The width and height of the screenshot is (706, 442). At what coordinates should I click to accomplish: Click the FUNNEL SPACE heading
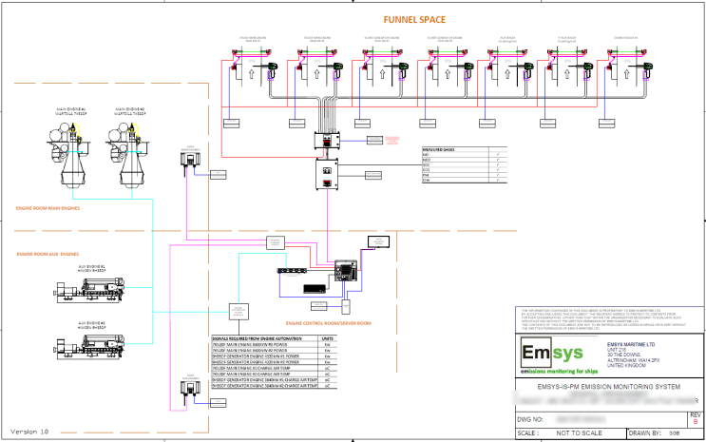pos(413,19)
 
